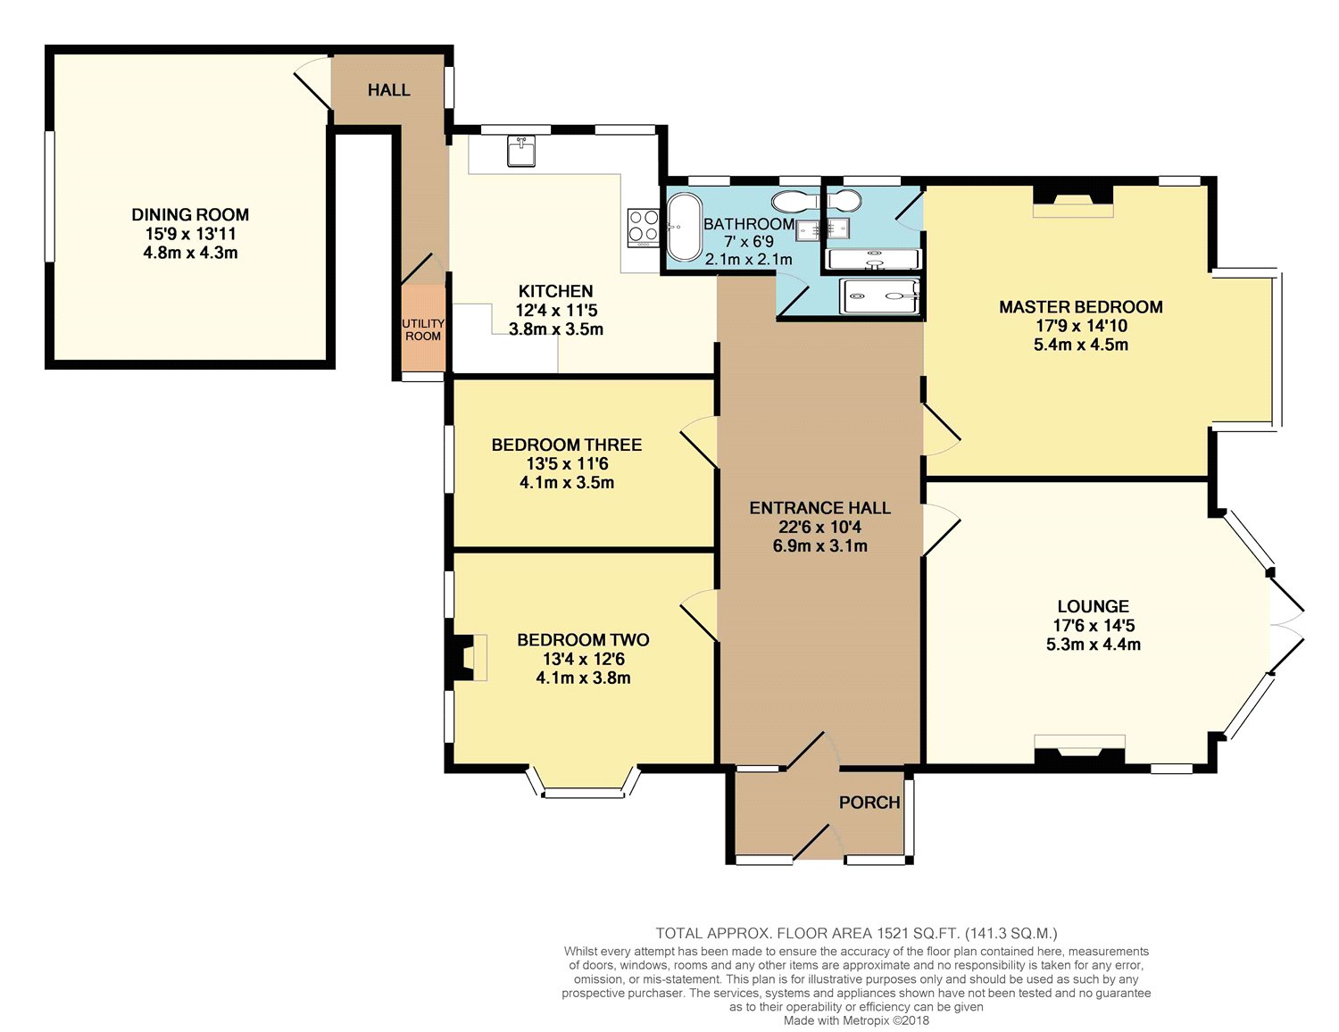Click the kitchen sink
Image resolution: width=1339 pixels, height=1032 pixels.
(x=520, y=151)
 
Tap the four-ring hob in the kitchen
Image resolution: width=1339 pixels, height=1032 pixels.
(x=642, y=226)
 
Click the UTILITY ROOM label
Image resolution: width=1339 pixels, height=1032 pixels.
(x=423, y=329)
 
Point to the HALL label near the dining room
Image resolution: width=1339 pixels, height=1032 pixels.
(x=389, y=90)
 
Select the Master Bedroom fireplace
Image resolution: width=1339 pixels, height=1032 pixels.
(x=1073, y=201)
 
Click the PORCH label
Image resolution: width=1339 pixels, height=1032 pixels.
(x=869, y=803)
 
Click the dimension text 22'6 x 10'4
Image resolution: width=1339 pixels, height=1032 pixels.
(x=819, y=527)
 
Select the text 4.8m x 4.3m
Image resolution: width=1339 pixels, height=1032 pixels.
(x=190, y=253)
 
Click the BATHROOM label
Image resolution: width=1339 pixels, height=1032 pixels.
(x=748, y=224)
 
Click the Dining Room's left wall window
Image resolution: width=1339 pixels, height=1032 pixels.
(x=50, y=196)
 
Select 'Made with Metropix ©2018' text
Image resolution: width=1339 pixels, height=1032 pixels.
(x=856, y=1020)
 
